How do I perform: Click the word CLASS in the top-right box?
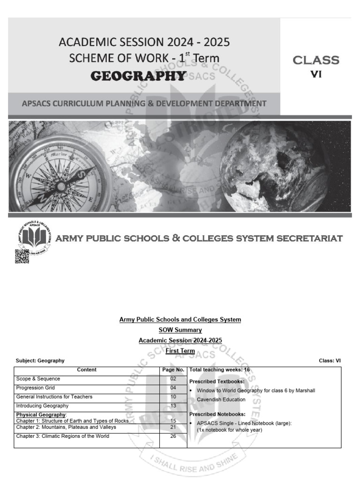coord(315,60)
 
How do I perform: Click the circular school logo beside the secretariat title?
coord(34,235)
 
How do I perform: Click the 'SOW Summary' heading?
coord(180,330)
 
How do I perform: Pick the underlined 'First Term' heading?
coord(180,351)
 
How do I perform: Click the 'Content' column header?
coord(87,370)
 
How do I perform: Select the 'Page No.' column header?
coord(173,370)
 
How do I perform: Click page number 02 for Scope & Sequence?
coord(173,379)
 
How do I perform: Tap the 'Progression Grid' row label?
coord(36,388)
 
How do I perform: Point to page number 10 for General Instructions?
coord(173,397)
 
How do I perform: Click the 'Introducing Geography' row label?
coord(42,406)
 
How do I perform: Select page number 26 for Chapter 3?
coord(173,436)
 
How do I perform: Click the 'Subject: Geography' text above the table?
coord(40,360)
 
